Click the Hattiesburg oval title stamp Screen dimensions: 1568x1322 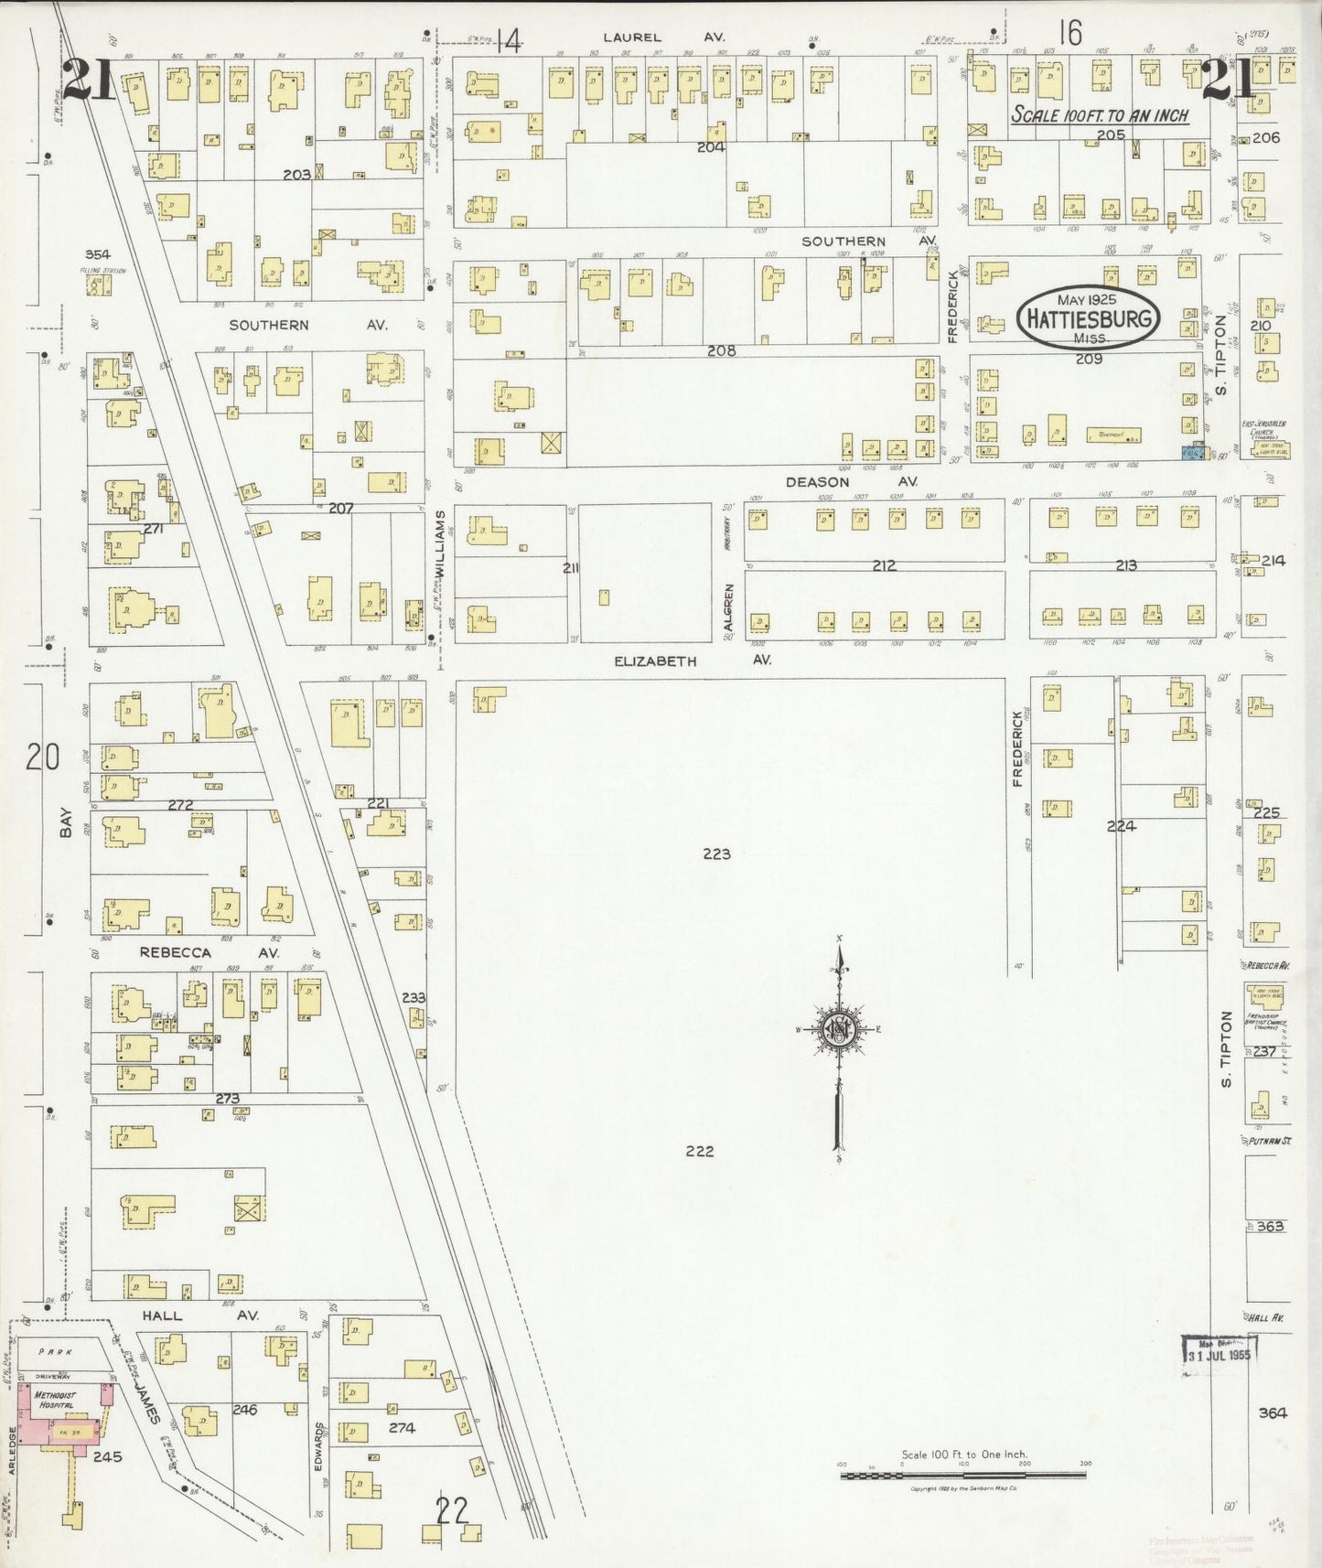point(1089,319)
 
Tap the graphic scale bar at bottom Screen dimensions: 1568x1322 point(962,1475)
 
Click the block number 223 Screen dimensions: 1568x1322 point(716,854)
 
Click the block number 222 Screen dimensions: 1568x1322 point(700,1151)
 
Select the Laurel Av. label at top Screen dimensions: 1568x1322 point(663,38)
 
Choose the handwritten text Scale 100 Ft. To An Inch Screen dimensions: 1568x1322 point(1099,115)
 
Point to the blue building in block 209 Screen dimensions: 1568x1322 point(1191,452)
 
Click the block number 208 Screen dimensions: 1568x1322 point(721,350)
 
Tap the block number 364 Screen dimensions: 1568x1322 point(1272,1412)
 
